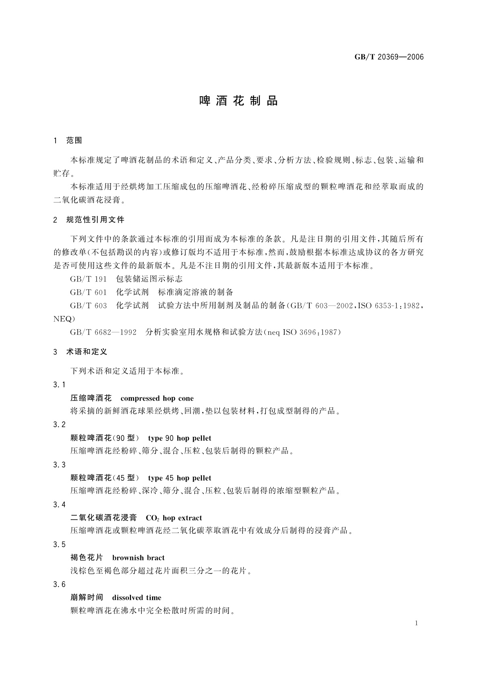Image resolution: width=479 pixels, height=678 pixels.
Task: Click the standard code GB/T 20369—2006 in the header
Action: [x=389, y=57]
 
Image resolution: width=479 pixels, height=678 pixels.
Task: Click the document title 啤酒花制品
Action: [x=239, y=101]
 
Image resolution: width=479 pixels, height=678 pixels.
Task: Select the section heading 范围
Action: [x=74, y=141]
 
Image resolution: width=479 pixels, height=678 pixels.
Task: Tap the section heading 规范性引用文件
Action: [x=95, y=220]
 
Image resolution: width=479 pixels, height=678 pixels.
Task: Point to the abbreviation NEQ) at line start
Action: [x=64, y=319]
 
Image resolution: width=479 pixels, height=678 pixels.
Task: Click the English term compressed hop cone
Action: [x=157, y=399]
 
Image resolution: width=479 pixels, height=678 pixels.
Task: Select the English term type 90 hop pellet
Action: [x=179, y=438]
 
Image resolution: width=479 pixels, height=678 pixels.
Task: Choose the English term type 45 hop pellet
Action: [x=179, y=478]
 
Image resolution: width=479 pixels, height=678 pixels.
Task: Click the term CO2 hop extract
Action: [x=174, y=518]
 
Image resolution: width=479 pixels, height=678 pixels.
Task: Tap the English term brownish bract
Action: [x=138, y=558]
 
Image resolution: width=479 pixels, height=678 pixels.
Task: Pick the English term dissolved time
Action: [x=136, y=598]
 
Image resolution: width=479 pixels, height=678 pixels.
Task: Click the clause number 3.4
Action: [x=59, y=505]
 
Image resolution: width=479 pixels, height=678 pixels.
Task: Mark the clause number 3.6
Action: [x=59, y=585]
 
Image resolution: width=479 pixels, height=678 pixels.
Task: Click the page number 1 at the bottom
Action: [x=416, y=624]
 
